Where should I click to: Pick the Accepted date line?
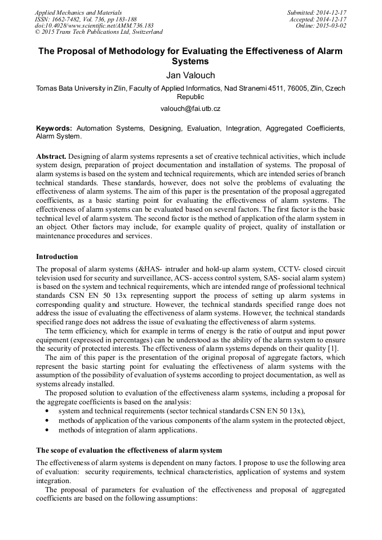pyautogui.click(x=318, y=19)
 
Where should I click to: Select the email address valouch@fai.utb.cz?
pyautogui.click(x=190, y=108)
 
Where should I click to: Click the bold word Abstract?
pyautogui.click(x=52, y=155)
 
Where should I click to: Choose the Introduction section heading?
pyautogui.click(x=57, y=257)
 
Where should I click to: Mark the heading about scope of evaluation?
pyautogui.click(x=129, y=450)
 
